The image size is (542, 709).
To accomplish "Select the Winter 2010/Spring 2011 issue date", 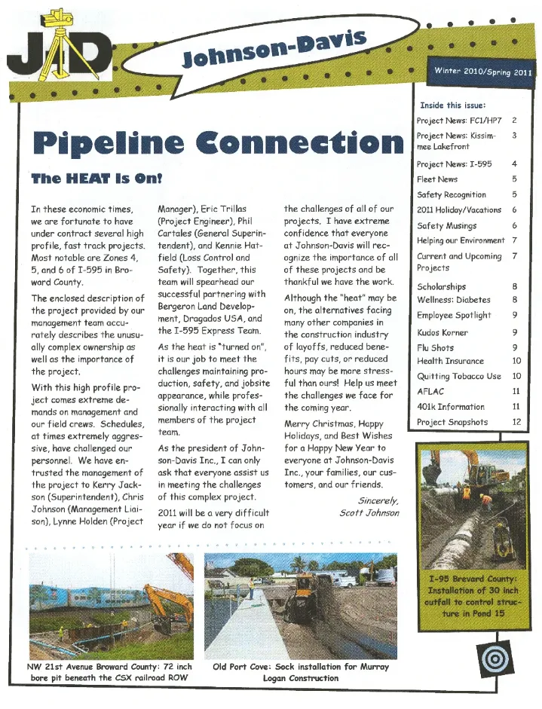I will [482, 72].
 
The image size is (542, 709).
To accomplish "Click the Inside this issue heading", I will [452, 105].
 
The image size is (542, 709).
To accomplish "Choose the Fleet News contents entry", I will [437, 179].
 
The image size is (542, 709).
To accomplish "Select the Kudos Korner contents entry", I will [442, 332].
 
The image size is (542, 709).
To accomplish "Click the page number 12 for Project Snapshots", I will [516, 423].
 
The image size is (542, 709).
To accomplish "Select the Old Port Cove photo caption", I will [301, 672].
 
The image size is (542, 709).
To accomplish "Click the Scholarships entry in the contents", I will [442, 286].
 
